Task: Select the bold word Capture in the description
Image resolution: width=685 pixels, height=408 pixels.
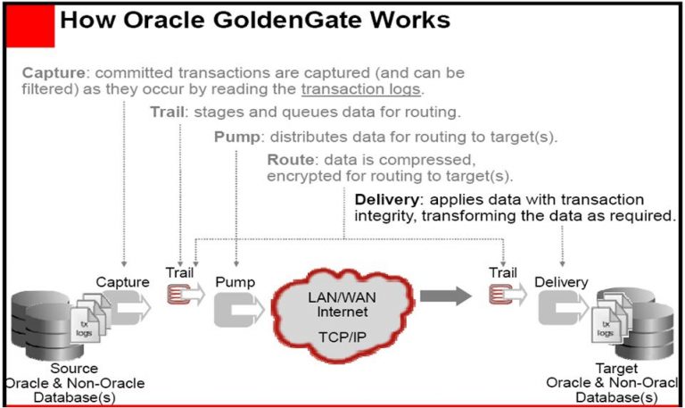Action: (x=53, y=72)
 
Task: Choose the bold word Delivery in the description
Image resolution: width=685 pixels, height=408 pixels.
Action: (x=386, y=198)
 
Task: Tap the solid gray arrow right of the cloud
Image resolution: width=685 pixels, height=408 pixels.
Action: (x=445, y=296)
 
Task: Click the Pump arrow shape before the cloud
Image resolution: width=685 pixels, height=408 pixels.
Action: (x=235, y=306)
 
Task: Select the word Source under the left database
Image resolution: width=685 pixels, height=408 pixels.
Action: (x=75, y=368)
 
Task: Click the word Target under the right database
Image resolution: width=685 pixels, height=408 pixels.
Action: (x=615, y=368)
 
